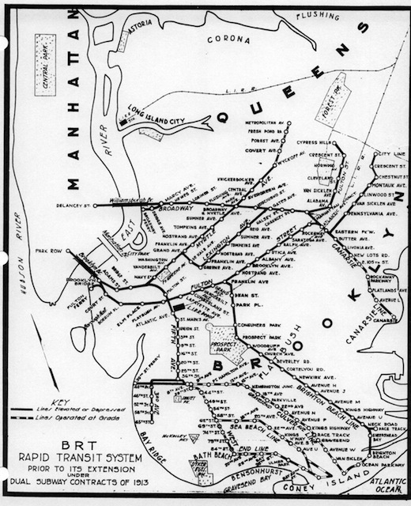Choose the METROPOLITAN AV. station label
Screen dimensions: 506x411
[262, 123]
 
